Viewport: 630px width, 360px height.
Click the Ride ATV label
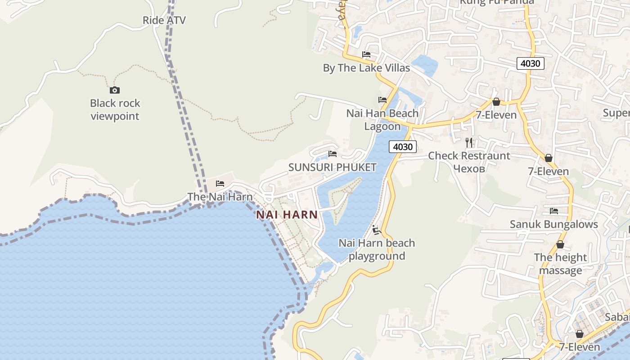click(164, 20)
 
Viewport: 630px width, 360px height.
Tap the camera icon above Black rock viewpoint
click(115, 90)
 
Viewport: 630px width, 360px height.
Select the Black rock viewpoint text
click(115, 110)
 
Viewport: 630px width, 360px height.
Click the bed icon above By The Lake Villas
click(366, 54)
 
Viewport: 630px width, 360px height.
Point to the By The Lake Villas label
click(366, 68)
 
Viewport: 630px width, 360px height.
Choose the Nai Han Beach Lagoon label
click(382, 120)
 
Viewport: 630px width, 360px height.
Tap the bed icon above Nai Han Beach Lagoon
click(382, 99)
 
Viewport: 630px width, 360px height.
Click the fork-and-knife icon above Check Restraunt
click(469, 143)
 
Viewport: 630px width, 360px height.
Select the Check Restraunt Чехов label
click(469, 162)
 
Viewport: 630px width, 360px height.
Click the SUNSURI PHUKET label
click(332, 167)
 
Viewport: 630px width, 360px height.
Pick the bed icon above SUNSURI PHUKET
click(333, 154)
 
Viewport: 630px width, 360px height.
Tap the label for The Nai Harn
click(220, 197)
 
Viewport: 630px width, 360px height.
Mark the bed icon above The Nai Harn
click(220, 183)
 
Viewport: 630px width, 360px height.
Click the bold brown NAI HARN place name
click(287, 215)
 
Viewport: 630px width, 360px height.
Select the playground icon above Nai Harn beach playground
click(377, 230)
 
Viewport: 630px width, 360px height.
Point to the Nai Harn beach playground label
click(377, 249)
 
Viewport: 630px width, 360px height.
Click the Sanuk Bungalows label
click(553, 224)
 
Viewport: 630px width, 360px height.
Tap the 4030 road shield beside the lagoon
click(402, 147)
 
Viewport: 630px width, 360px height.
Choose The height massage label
click(560, 264)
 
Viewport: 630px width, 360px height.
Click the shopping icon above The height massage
click(560, 244)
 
